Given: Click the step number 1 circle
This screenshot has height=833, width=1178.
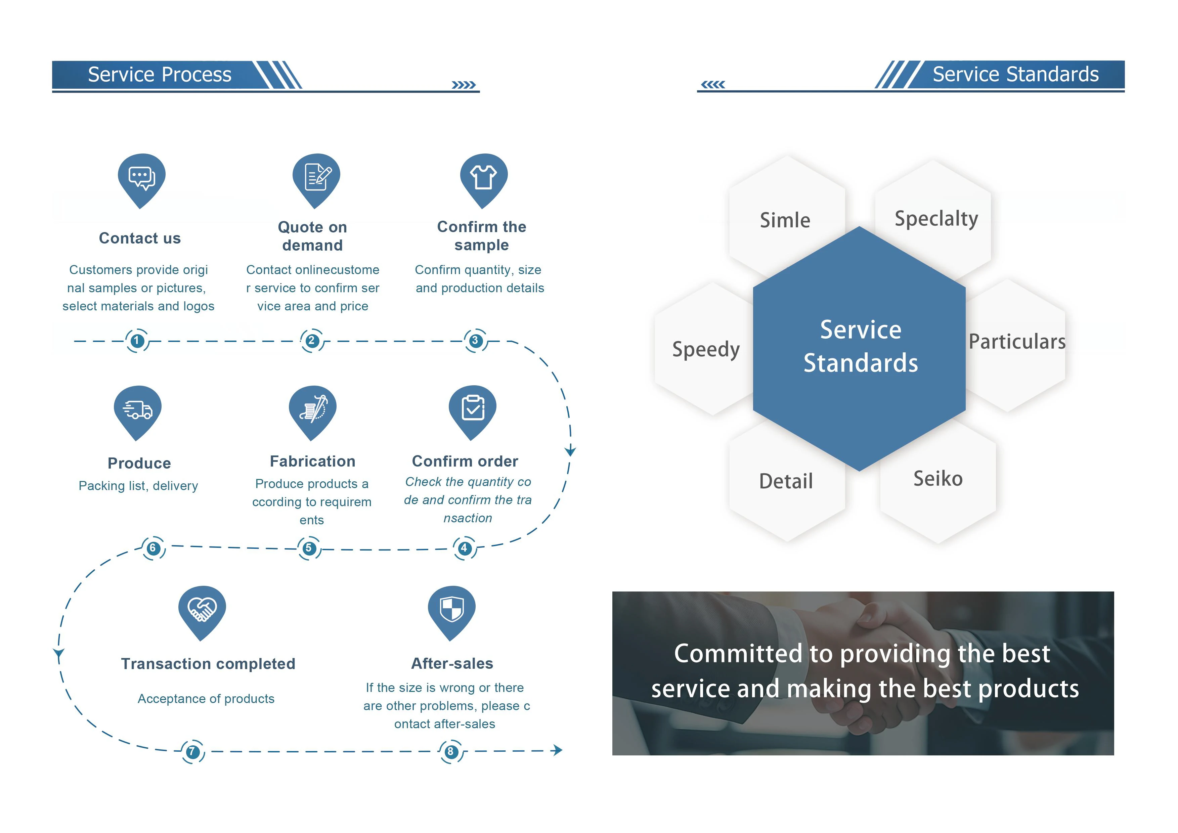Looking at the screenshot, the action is (136, 341).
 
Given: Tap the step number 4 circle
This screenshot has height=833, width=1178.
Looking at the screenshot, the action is (464, 548).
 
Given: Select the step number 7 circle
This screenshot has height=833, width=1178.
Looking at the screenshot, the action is (192, 752).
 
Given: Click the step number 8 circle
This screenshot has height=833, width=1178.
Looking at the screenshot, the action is (450, 752).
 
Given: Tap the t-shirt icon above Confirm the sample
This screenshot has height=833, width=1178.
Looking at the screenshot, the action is (483, 177).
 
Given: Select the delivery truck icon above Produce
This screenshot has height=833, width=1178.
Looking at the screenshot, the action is (137, 410).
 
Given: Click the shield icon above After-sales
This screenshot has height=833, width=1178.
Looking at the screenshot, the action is (451, 609).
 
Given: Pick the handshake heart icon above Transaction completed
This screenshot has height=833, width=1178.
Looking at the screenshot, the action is (202, 609).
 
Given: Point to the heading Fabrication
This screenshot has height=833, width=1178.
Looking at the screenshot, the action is (312, 461).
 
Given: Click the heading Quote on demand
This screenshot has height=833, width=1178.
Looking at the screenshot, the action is (312, 236).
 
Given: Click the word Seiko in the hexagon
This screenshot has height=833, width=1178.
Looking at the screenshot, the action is (938, 479).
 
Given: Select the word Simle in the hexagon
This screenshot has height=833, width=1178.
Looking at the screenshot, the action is (785, 220).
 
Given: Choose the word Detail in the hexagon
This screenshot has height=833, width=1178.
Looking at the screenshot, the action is (786, 481).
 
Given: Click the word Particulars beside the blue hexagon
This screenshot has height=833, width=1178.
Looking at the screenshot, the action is (1017, 342).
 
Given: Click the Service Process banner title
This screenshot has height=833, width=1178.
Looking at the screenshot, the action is (160, 74).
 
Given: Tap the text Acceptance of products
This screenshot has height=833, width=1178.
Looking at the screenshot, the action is (206, 699).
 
